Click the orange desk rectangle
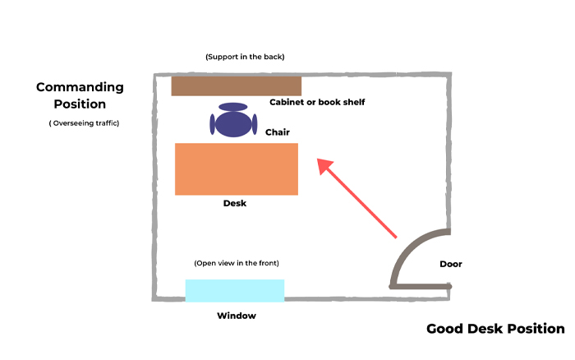237,168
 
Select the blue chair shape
234,124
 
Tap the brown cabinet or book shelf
236,85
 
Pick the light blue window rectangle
234,290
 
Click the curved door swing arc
408,245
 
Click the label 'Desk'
235,203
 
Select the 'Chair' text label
278,132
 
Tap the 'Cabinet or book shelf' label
317,103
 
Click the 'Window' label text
237,316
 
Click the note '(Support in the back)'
245,57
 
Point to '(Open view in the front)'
237,263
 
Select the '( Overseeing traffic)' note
84,123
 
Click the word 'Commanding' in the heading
80,87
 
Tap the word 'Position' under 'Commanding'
80,104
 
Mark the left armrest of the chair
213,125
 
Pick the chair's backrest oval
233,107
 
